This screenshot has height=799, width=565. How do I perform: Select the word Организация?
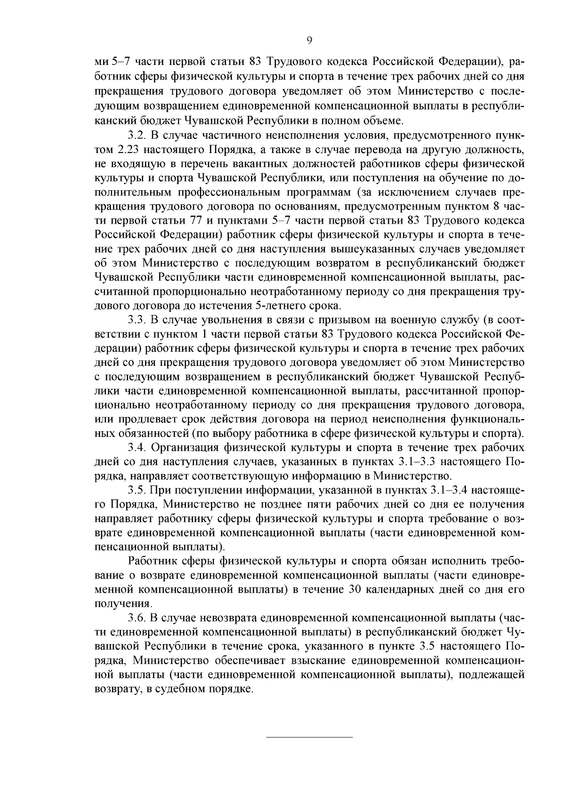pyautogui.click(x=186, y=447)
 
